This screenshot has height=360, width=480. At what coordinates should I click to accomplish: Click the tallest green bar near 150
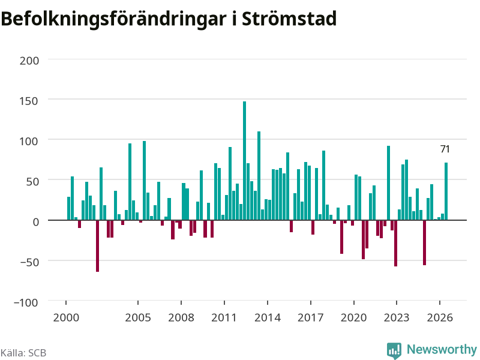[x=244, y=161]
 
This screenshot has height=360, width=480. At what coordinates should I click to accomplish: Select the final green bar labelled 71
[x=446, y=191]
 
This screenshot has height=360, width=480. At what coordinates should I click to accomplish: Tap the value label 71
[x=445, y=149]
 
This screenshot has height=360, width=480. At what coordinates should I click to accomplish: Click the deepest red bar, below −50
[x=97, y=246]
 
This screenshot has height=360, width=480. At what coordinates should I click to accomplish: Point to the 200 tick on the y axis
[x=29, y=61]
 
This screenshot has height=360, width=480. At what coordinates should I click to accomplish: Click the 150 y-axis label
[x=29, y=101]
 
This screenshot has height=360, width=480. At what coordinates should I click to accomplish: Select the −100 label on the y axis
[x=26, y=302]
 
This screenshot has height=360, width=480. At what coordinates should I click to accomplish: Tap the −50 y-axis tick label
[x=29, y=262]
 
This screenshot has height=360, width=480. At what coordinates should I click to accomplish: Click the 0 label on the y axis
[x=36, y=222]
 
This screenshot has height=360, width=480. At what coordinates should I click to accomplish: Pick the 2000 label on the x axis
[x=66, y=317]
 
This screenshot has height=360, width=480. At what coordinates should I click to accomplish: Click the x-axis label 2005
[x=138, y=317]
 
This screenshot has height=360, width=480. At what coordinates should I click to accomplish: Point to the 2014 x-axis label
[x=267, y=317]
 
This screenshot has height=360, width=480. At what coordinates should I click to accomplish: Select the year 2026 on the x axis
[x=440, y=317]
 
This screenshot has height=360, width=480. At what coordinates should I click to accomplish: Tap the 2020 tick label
[x=353, y=317]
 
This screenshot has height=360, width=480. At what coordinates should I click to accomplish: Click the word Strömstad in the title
[x=289, y=19]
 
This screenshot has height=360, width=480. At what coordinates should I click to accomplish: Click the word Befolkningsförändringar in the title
[x=113, y=20]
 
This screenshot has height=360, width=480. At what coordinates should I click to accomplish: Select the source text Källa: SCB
[x=23, y=353]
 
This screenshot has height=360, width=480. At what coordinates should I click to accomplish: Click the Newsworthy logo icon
[x=394, y=350]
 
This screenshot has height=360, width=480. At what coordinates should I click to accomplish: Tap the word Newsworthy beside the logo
[x=442, y=349]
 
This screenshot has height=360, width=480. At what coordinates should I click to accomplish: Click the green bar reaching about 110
[x=259, y=176]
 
